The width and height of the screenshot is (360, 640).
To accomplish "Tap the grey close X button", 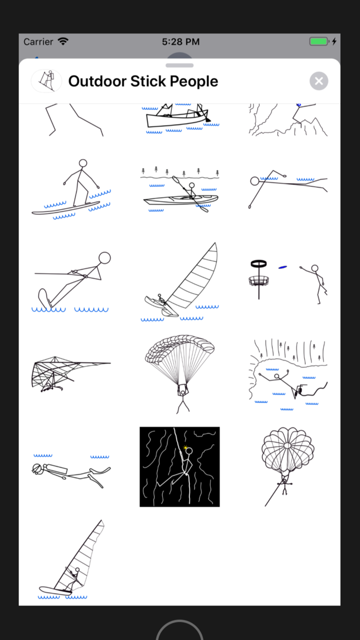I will tap(319, 81).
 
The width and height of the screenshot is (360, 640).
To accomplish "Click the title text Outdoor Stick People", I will tap(143, 81).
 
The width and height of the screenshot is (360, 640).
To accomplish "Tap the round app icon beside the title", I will tap(46, 81).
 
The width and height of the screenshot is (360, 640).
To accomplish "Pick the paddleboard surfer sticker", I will tap(72, 189).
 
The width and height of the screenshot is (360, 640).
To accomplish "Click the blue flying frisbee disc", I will tap(282, 267).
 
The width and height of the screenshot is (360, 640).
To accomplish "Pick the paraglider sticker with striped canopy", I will tap(180, 373).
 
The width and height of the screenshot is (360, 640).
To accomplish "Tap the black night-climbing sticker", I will tap(180, 467).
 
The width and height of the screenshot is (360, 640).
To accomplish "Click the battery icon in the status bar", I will tap(318, 42).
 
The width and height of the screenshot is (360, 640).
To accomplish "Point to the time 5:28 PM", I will tap(181, 42).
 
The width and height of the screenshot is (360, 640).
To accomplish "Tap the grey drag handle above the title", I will tap(179, 65).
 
